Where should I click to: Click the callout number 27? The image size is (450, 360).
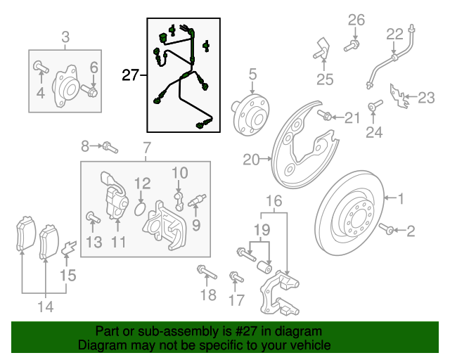click(131, 75)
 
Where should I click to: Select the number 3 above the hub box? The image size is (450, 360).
click(65, 37)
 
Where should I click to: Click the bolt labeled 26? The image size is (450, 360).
click(351, 46)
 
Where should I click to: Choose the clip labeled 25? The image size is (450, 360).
click(320, 51)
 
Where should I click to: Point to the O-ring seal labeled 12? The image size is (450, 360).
click(140, 209)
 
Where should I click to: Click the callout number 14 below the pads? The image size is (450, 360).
click(45, 306)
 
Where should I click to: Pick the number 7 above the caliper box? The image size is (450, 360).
click(146, 148)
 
